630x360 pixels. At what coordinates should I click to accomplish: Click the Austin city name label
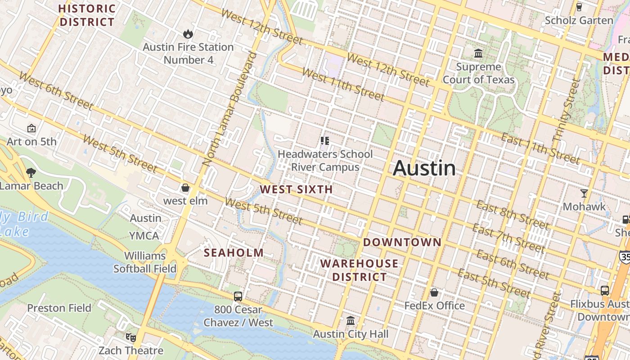[424, 168]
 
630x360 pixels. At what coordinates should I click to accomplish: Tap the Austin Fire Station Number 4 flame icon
[188, 34]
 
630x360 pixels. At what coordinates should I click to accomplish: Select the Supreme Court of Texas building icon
[478, 54]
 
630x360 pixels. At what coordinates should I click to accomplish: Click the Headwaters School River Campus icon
[325, 141]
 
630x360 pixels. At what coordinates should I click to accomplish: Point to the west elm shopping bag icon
[185, 188]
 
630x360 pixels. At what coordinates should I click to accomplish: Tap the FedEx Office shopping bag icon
[434, 292]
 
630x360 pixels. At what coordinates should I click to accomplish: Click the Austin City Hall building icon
[351, 321]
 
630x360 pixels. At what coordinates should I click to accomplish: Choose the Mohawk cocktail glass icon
[584, 193]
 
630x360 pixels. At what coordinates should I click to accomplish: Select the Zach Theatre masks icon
[130, 337]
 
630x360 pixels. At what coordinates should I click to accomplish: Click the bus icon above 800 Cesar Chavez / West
[238, 297]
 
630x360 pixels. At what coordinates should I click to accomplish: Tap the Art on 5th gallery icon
[31, 129]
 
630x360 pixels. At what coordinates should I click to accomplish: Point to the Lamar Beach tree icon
[31, 172]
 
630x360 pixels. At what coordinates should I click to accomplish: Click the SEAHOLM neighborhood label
[234, 253]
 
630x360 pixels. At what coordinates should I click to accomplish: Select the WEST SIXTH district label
[297, 189]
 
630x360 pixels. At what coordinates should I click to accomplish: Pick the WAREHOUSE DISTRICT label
[359, 270]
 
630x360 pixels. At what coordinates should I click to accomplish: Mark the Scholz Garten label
[579, 20]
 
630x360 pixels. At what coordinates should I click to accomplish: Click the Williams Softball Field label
[145, 262]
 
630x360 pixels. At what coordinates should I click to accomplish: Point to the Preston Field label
[59, 308]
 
